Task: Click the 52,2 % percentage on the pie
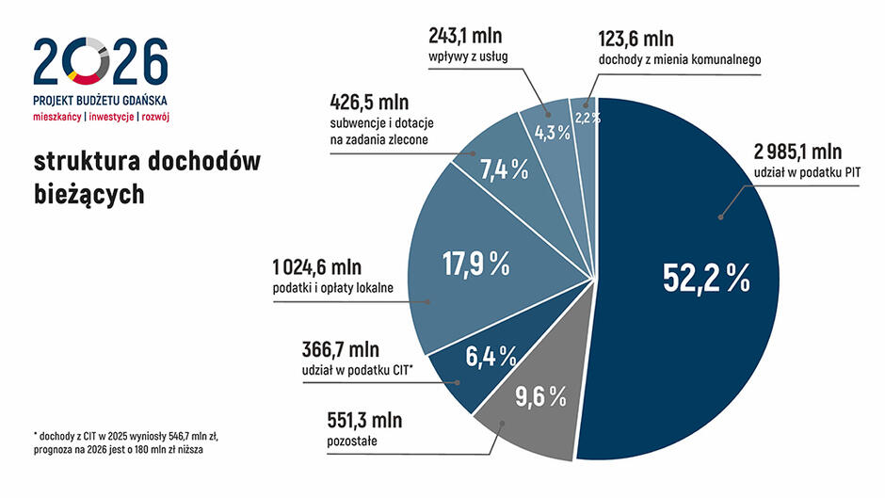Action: (x=705, y=277)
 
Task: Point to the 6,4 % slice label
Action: (x=491, y=356)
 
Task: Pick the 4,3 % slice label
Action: (x=553, y=133)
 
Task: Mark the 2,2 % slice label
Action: (x=587, y=119)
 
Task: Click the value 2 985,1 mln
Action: (x=798, y=153)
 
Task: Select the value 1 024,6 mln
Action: (x=315, y=266)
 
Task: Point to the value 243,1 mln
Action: (x=465, y=37)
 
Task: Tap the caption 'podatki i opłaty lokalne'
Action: (x=331, y=288)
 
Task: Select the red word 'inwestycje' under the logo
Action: (x=110, y=118)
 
